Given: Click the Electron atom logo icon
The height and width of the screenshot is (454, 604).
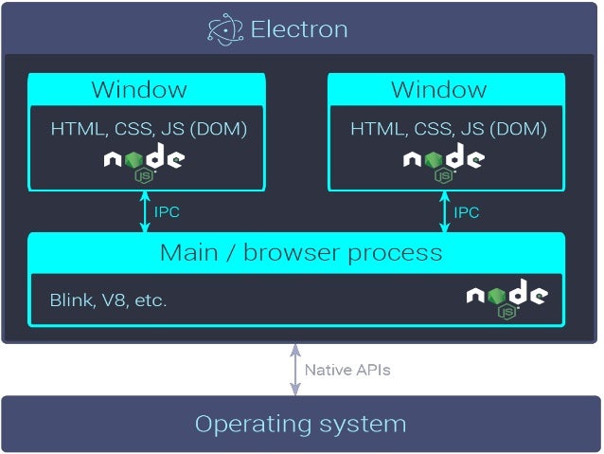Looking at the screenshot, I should click(225, 29).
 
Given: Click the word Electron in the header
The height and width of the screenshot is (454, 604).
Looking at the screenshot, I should click(299, 29).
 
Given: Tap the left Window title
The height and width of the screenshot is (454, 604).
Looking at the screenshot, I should click(139, 90).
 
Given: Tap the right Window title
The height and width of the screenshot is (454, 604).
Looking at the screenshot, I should click(439, 90).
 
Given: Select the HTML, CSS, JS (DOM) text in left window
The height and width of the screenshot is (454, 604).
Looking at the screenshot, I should click(149, 128).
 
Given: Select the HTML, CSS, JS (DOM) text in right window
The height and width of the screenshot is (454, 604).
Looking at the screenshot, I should click(449, 128).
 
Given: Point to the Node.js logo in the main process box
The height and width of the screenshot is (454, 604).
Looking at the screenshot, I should click(507, 298).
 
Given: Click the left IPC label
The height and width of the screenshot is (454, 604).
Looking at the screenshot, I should click(167, 212).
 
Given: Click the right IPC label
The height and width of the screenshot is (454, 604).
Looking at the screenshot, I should click(467, 212).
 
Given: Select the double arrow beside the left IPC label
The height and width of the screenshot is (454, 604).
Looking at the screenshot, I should click(145, 211).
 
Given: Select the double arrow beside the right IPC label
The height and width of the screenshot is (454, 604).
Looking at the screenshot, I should click(444, 211).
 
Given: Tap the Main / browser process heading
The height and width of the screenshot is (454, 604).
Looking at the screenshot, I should click(301, 253).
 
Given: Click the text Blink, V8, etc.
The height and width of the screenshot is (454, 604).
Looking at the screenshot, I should click(108, 300).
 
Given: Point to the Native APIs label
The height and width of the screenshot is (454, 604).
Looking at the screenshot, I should click(347, 370).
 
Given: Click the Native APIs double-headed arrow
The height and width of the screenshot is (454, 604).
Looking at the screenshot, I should click(295, 369).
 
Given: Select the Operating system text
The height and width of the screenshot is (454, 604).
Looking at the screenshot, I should click(300, 424).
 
